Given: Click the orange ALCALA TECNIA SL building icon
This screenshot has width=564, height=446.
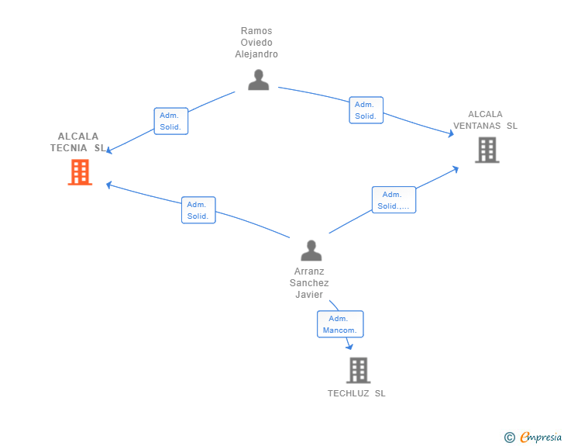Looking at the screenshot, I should pos(80,172).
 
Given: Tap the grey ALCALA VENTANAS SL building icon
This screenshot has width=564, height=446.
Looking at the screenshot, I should pos(487,150).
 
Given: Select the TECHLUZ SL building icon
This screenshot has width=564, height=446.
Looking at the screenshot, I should pos(358,371).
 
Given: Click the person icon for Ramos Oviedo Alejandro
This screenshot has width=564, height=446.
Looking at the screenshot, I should pos(258,80).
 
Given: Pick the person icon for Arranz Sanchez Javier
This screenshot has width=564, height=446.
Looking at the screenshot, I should pos(311,251).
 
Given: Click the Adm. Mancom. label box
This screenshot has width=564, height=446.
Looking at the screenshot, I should pos(340,324).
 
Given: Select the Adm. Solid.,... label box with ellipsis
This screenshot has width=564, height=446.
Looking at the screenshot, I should pos(394,200).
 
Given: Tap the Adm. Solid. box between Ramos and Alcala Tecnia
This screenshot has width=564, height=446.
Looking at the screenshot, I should pos(170,121).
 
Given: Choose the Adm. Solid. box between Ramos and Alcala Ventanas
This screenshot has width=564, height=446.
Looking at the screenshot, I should pos(366,110).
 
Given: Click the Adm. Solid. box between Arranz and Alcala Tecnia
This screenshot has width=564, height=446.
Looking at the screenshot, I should pos(198,210).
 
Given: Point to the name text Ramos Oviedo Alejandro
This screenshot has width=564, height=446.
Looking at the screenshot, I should pos(256,43).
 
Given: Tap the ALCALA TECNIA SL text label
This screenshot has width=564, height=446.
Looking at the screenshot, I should pos(77,142).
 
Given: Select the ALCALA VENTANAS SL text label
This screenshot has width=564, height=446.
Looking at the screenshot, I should pos(486,119).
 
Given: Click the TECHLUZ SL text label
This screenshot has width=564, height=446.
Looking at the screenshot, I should pos(356,393).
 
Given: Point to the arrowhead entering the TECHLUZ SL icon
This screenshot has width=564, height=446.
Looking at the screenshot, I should pos(349,347).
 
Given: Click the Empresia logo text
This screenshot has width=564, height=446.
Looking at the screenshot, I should pos(541,437).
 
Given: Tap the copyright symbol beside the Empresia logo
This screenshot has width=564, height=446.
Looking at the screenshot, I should pos(510,437).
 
